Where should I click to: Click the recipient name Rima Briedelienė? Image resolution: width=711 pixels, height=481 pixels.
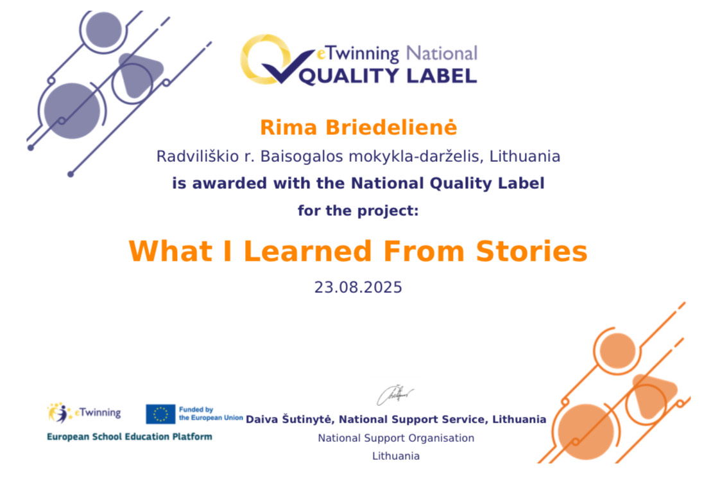point(358,128)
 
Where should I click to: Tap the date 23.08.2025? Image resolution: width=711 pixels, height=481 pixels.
point(358,287)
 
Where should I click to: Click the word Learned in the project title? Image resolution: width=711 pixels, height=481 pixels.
point(308,251)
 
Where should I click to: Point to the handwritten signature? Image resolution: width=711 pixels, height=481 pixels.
point(395,395)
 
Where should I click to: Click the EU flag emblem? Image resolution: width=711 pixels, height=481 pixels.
point(160,414)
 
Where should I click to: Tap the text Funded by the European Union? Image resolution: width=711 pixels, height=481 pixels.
point(211,414)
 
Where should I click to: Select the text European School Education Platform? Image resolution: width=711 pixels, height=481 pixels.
point(130,437)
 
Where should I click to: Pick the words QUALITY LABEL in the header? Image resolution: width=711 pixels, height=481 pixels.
point(388,76)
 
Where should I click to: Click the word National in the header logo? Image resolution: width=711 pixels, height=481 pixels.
point(441,53)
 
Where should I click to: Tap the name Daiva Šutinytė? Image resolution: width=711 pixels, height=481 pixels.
point(288,419)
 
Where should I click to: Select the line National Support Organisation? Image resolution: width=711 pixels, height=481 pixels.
point(396,438)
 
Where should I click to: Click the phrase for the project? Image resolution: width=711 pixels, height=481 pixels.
point(358,211)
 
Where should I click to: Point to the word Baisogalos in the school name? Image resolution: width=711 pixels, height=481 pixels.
point(302,156)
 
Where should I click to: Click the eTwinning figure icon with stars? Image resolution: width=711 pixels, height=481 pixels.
point(60,412)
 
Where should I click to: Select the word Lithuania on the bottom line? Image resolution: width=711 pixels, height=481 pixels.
point(396,456)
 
